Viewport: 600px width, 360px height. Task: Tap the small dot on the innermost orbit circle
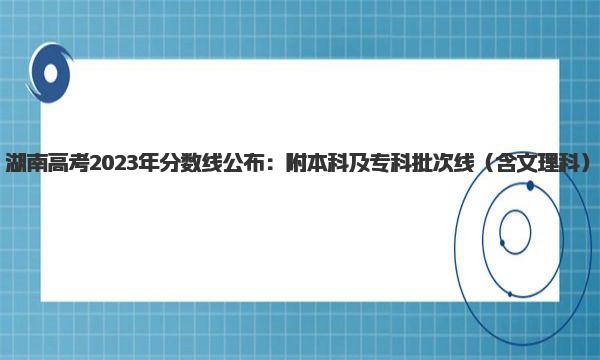pos(502,243)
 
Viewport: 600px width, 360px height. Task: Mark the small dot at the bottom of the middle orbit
pos(510,294)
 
